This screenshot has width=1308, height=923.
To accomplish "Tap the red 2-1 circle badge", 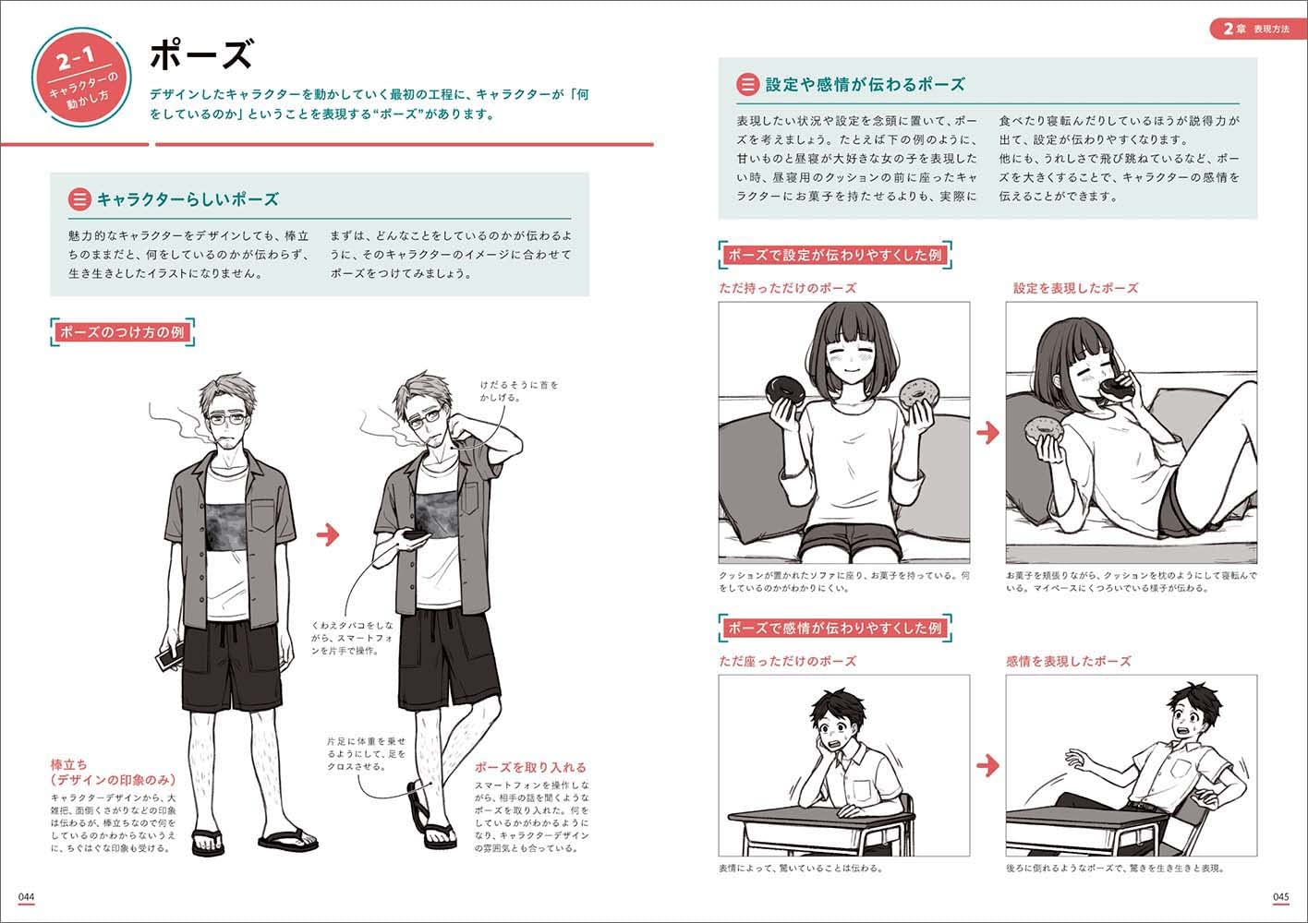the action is [81, 78].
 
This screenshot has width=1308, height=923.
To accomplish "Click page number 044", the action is [26, 897].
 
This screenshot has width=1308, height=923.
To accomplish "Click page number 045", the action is [1280, 897].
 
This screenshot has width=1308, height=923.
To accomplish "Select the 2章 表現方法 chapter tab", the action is [1256, 29].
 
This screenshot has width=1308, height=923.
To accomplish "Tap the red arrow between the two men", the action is [328, 534].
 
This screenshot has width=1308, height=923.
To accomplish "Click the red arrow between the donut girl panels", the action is [987, 433].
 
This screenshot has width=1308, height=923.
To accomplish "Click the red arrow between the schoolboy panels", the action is [987, 765].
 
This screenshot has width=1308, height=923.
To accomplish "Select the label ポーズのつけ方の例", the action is [122, 332].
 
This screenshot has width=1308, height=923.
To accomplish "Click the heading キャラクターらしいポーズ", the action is [188, 199].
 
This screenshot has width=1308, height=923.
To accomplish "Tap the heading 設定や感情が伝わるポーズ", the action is [865, 85].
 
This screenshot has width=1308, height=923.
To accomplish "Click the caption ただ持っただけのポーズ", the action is [787, 288].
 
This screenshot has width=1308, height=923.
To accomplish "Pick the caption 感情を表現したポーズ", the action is [1068, 661].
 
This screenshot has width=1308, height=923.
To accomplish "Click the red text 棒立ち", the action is [68, 764].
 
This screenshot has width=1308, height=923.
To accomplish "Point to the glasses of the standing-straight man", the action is [227, 418].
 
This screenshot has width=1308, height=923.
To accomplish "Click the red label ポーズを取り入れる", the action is [530, 767].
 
